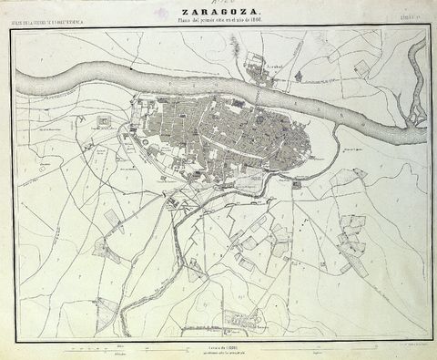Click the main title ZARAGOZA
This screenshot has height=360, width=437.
pyautogui.click(x=219, y=11)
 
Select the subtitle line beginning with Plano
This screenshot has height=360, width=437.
pyautogui.click(x=219, y=20)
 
